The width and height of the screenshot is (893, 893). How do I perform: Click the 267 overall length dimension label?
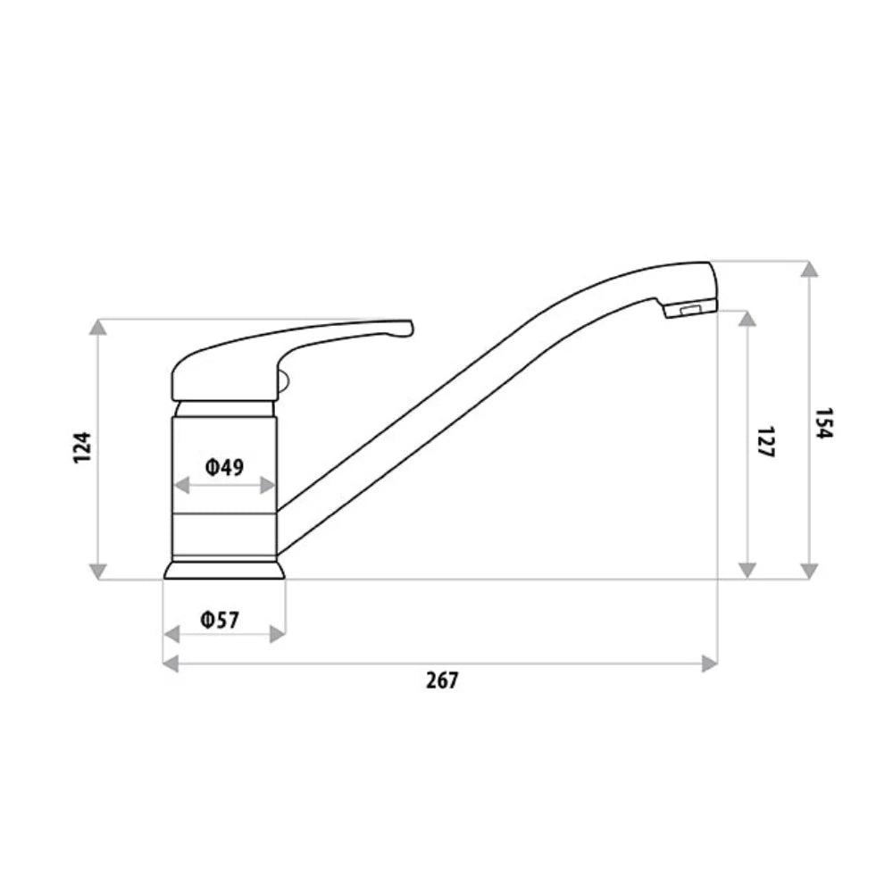[x=441, y=680]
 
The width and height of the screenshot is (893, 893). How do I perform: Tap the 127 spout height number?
[x=765, y=442]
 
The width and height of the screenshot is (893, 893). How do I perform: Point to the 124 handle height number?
[x=82, y=446]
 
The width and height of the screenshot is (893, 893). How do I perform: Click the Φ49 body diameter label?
[x=223, y=466]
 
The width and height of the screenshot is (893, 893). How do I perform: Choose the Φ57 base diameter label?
[x=221, y=619]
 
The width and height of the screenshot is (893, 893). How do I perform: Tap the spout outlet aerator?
[x=689, y=310]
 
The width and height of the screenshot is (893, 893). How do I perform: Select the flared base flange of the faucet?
[x=224, y=569]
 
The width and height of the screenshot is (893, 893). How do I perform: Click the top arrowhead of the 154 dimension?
[x=809, y=269]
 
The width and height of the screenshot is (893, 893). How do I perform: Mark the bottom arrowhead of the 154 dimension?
[x=809, y=571]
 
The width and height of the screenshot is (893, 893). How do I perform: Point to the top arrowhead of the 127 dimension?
[x=748, y=319]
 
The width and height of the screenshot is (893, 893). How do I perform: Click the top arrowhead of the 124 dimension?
[x=98, y=327]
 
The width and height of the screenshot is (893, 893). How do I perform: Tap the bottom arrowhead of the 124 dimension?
[x=98, y=571]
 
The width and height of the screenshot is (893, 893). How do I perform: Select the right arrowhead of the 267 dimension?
[x=710, y=663]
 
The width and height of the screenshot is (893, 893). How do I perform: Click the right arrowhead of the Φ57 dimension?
[x=278, y=634]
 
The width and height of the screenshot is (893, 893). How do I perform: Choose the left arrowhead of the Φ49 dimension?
[x=180, y=485]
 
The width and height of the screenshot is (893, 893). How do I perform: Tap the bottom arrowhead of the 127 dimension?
[x=748, y=571]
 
